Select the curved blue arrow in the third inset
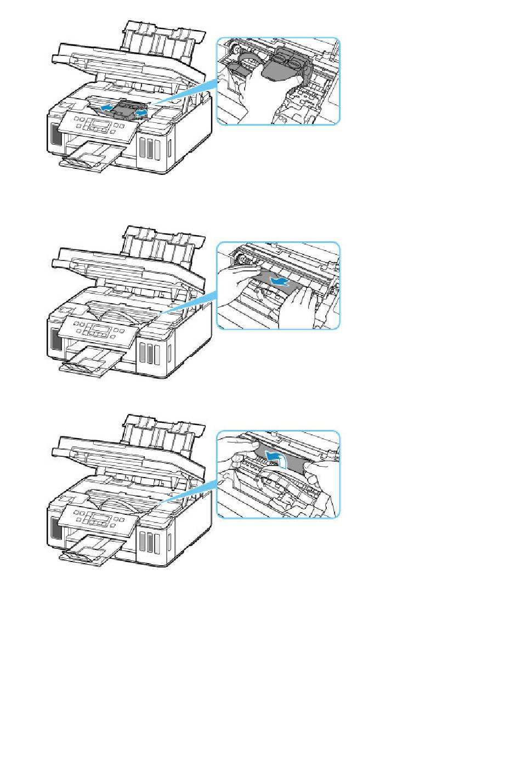[276, 457]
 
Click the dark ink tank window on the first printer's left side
[55, 134]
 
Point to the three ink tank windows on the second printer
[149, 353]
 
